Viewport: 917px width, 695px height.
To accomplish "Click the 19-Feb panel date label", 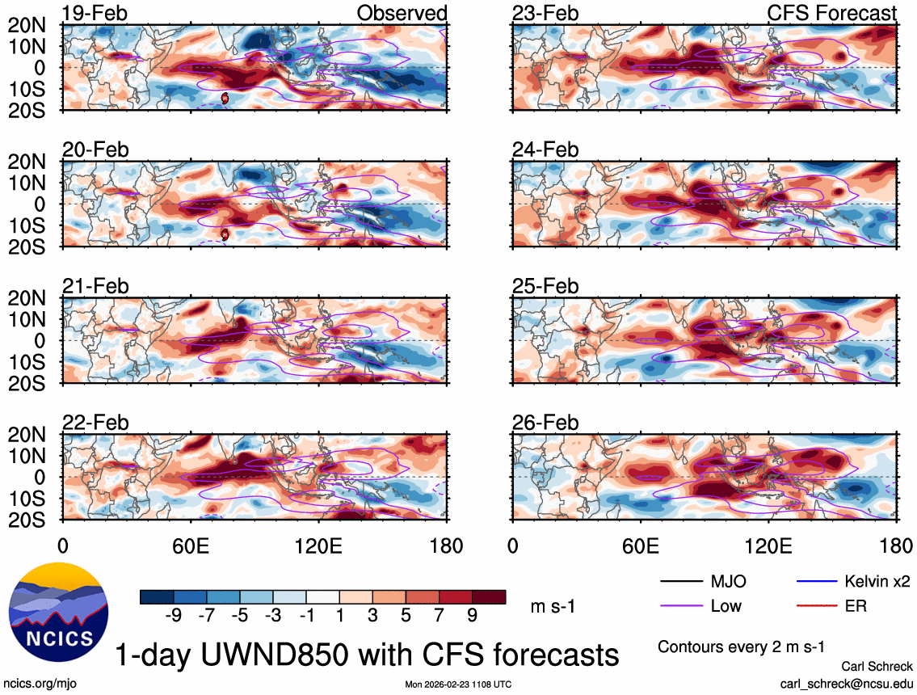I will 95,13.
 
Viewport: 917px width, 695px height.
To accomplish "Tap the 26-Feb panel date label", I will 545,423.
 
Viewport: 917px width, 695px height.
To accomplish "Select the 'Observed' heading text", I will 402,13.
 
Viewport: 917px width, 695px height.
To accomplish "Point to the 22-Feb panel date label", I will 95,423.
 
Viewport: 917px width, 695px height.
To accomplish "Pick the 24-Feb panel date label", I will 545,150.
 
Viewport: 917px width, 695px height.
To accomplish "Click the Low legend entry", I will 726,605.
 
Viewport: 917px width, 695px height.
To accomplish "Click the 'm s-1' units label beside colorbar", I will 553,606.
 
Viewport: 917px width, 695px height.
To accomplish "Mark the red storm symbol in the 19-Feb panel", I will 225,97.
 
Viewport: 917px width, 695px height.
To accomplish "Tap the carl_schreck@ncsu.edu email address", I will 846,683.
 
